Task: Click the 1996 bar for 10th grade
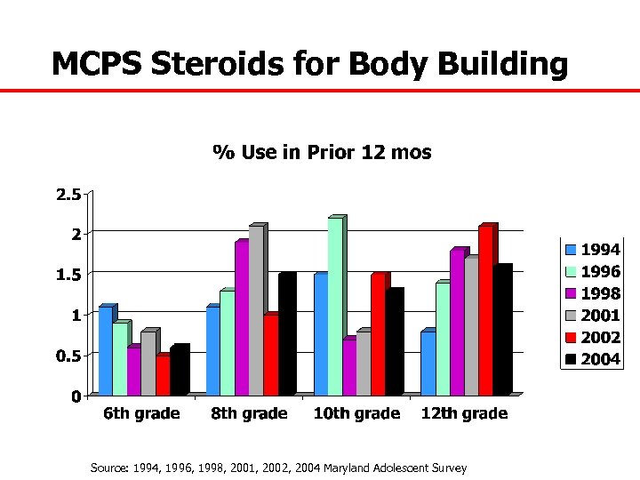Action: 335,306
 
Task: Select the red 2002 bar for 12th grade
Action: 485,310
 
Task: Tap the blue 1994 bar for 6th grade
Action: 105,350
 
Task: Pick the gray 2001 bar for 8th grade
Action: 256,310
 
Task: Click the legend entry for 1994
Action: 592,250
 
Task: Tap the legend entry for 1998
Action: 592,293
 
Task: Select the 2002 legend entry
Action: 592,338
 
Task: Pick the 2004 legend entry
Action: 592,360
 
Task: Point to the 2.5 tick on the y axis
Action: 68,195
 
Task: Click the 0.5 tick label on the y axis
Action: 68,356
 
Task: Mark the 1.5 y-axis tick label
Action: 68,275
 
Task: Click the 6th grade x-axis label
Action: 141,413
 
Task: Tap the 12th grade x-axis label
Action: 464,413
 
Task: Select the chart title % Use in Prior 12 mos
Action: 322,152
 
